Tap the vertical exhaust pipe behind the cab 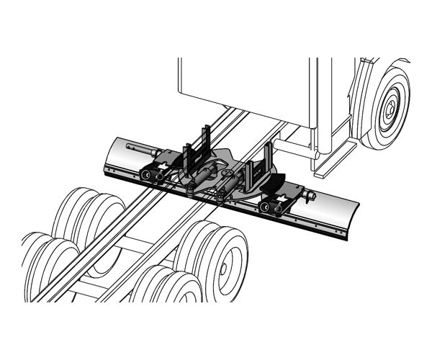click(315, 108)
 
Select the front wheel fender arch click(360, 79)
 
